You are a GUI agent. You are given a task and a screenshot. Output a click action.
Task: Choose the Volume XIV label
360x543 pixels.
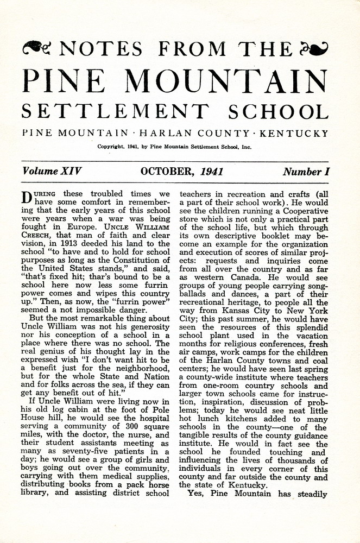[x=52, y=172]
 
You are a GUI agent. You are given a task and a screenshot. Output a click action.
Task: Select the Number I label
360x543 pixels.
[x=306, y=172]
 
